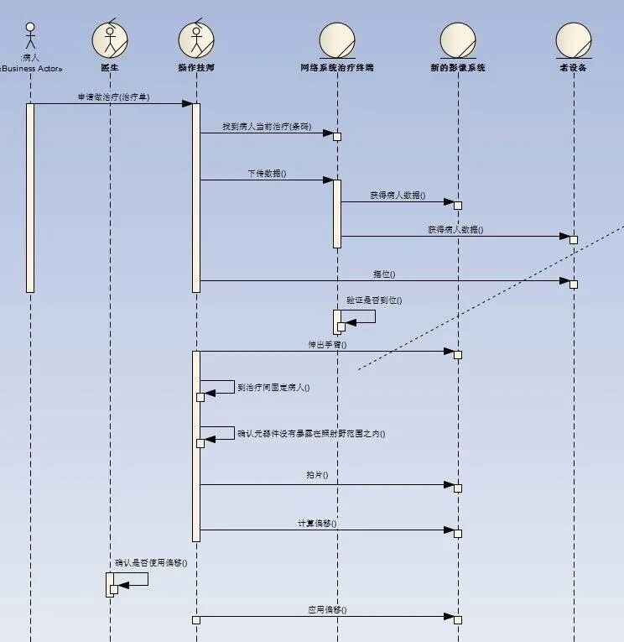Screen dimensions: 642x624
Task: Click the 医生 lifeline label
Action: (x=110, y=67)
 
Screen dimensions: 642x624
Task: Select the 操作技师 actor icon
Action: (x=196, y=39)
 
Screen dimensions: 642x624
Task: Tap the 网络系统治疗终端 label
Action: (x=337, y=67)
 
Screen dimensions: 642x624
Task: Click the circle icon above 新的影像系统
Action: (x=458, y=39)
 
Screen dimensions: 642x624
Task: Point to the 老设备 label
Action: (x=574, y=67)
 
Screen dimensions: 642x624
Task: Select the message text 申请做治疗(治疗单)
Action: (x=113, y=97)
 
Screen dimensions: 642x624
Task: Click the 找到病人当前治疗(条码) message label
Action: (x=267, y=126)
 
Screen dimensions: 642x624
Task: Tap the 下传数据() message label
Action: (x=267, y=173)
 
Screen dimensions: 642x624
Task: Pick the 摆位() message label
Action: (x=384, y=274)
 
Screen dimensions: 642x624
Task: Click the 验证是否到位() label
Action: (x=374, y=300)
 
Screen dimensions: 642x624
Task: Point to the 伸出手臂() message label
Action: (x=327, y=344)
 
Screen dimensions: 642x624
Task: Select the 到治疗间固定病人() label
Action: (x=274, y=388)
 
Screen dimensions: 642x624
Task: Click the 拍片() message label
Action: (x=317, y=475)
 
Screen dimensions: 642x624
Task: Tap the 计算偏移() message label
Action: (x=317, y=523)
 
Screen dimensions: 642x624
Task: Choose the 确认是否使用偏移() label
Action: (x=151, y=562)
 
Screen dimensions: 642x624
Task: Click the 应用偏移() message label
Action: (x=327, y=609)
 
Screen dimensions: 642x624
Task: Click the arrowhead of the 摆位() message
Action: (x=564, y=280)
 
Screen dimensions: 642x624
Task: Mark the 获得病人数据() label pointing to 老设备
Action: (x=455, y=229)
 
